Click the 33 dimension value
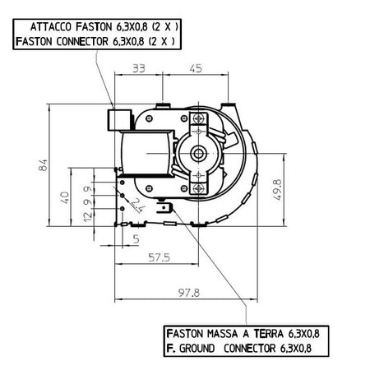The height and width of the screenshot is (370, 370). point(139,68)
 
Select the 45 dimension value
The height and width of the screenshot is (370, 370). point(196,68)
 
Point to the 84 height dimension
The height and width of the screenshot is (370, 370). point(44,165)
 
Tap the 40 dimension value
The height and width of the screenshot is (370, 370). point(65,197)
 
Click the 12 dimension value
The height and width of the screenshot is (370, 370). point(88,216)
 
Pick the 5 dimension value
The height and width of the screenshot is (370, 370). point(136,239)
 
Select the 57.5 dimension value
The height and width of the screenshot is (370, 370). point(160,257)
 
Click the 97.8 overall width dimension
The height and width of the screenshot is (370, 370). point(189,293)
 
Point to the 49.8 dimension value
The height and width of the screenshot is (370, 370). point(278,190)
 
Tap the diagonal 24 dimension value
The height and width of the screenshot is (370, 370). point(138,205)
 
